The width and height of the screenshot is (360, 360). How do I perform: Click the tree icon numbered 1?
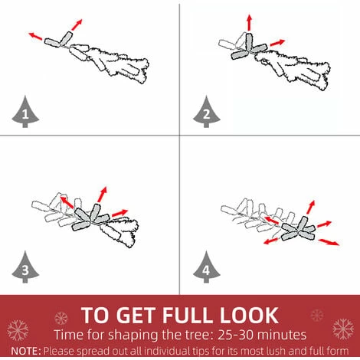(x=25, y=113)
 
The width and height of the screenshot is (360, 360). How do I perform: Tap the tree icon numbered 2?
(x=207, y=113)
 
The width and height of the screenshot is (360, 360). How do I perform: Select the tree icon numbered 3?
(x=25, y=267)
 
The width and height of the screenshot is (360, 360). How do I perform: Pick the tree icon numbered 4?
(x=207, y=267)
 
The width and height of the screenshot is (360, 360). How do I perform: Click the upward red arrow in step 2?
(x=250, y=23)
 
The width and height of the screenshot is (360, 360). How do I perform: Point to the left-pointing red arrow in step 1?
(x=35, y=36)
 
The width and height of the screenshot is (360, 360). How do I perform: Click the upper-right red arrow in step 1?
(x=77, y=25)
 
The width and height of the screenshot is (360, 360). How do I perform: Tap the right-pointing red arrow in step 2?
(x=277, y=43)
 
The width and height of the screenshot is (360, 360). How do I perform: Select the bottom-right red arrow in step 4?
(x=329, y=242)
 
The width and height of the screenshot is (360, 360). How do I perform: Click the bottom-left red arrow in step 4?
(x=271, y=241)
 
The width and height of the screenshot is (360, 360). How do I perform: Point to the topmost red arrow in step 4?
(x=311, y=208)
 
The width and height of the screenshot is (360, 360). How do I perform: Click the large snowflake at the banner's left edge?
(x=18, y=330)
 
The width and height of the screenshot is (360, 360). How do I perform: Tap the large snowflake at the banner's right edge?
(x=343, y=329)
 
